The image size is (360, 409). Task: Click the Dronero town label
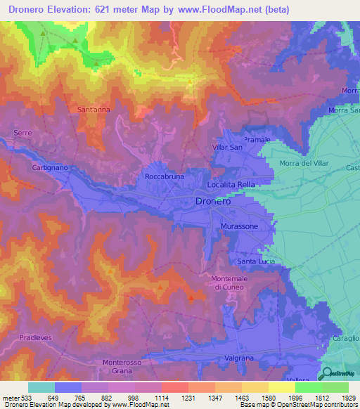tap(212, 201)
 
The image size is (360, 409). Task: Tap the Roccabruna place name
tap(165, 177)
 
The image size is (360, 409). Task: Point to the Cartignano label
tap(49, 168)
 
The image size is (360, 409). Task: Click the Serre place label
tap(22, 132)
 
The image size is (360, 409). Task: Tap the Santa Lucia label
tap(256, 262)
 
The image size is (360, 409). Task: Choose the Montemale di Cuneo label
tap(231, 283)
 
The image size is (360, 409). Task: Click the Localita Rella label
tap(231, 185)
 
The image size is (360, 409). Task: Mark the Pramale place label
tap(257, 141)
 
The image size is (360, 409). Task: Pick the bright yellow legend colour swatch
tap(281, 387)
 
